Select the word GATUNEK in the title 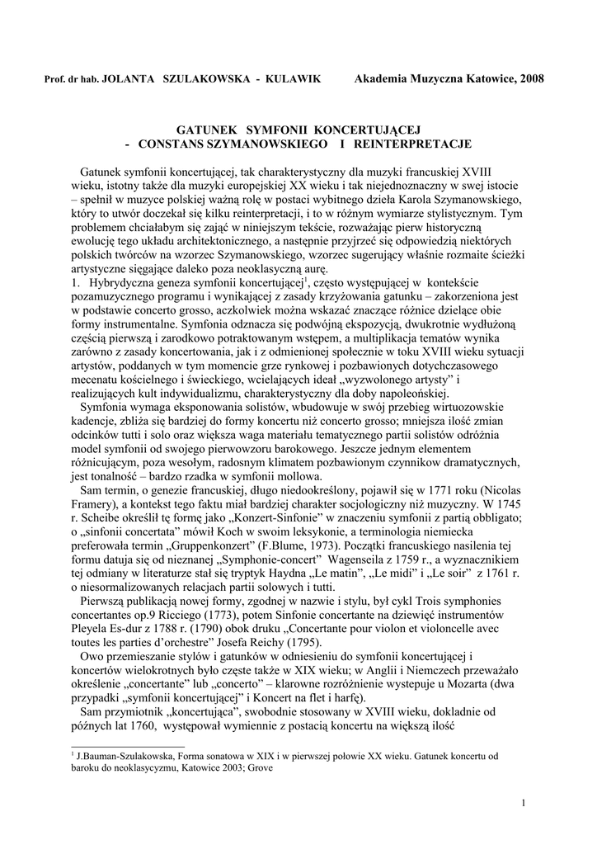click(x=206, y=130)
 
